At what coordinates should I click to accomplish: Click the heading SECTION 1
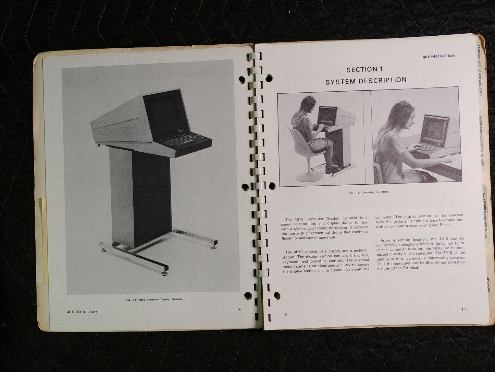click(364, 70)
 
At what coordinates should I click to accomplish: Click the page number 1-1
click(464, 310)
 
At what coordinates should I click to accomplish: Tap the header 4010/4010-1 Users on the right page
click(440, 56)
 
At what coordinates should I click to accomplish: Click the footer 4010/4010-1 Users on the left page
click(82, 312)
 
